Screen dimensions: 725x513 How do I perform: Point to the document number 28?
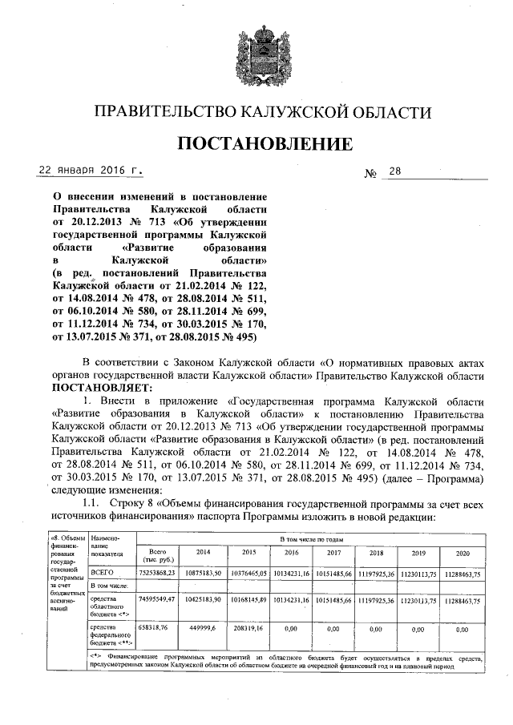tap(395, 172)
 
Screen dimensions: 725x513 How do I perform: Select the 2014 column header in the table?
tap(204, 553)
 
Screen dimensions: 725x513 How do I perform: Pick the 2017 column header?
tap(333, 553)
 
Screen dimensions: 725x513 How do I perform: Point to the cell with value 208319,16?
tap(246, 630)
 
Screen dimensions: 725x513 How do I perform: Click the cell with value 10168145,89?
tap(246, 598)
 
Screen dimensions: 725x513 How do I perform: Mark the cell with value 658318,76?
tap(156, 630)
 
